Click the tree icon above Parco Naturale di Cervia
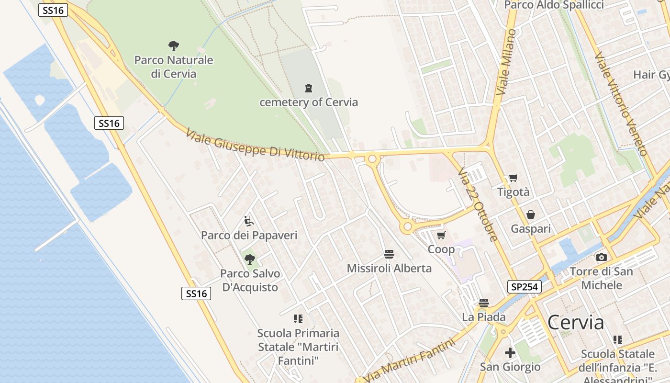coord(174,46)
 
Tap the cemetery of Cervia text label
coord(309,102)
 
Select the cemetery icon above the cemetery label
coord(309,88)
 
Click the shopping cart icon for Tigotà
coord(514,178)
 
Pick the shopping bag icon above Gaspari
coord(531,214)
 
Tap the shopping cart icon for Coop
coord(441,235)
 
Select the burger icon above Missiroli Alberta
coord(389,254)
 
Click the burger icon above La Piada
coord(484,303)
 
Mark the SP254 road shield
coord(524,287)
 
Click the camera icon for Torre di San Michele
coord(602,258)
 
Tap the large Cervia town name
coord(576,323)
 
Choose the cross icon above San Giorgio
coord(510,353)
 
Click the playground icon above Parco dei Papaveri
coord(249,221)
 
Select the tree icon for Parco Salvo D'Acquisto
coord(249,259)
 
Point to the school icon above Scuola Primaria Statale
coord(298,319)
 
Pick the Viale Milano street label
coord(506,62)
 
